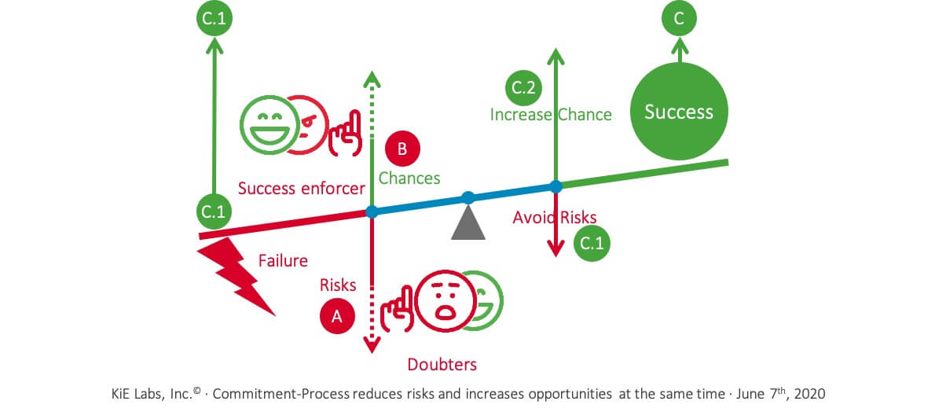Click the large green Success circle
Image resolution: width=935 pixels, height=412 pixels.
tap(679, 112)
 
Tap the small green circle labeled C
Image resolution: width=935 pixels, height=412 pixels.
tap(679, 20)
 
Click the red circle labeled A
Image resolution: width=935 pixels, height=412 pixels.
tap(337, 315)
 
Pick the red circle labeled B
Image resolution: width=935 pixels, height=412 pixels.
tap(402, 148)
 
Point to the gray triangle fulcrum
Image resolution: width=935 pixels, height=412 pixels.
tap(468, 222)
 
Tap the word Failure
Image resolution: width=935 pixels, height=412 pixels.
tap(283, 260)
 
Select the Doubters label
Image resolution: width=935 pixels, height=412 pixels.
tap(442, 364)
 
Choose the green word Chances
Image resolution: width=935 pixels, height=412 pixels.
tap(409, 178)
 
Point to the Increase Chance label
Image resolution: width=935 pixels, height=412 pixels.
tap(551, 114)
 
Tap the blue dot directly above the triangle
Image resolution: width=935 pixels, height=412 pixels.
tap(468, 197)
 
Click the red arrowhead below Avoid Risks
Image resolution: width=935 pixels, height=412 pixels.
tap(555, 250)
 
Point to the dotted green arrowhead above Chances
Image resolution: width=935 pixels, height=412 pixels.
tap(372, 79)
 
